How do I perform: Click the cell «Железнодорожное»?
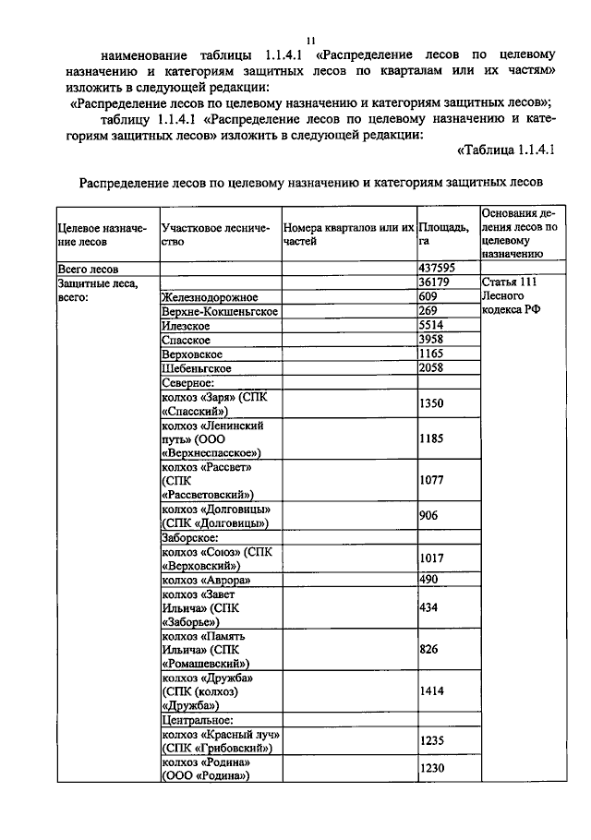209,297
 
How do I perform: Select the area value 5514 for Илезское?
432,326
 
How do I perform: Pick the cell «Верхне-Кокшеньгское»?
220,312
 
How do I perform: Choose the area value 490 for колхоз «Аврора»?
428,579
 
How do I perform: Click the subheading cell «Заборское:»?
190,536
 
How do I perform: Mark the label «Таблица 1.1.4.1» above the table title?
504,150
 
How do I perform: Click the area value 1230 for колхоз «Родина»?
432,769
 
